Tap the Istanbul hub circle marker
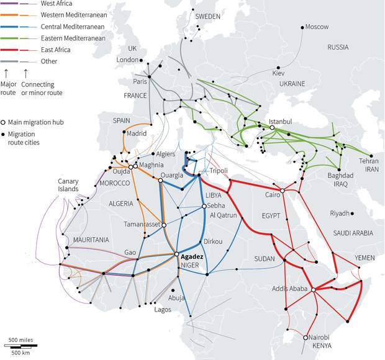(x=272, y=127)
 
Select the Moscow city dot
(x=301, y=27)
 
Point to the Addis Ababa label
(x=290, y=289)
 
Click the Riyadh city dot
(x=352, y=213)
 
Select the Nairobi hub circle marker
(x=305, y=337)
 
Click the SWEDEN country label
(x=207, y=17)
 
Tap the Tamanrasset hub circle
(x=164, y=225)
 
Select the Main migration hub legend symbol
(x=4, y=122)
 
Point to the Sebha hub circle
(x=204, y=206)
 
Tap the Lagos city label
(x=163, y=309)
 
